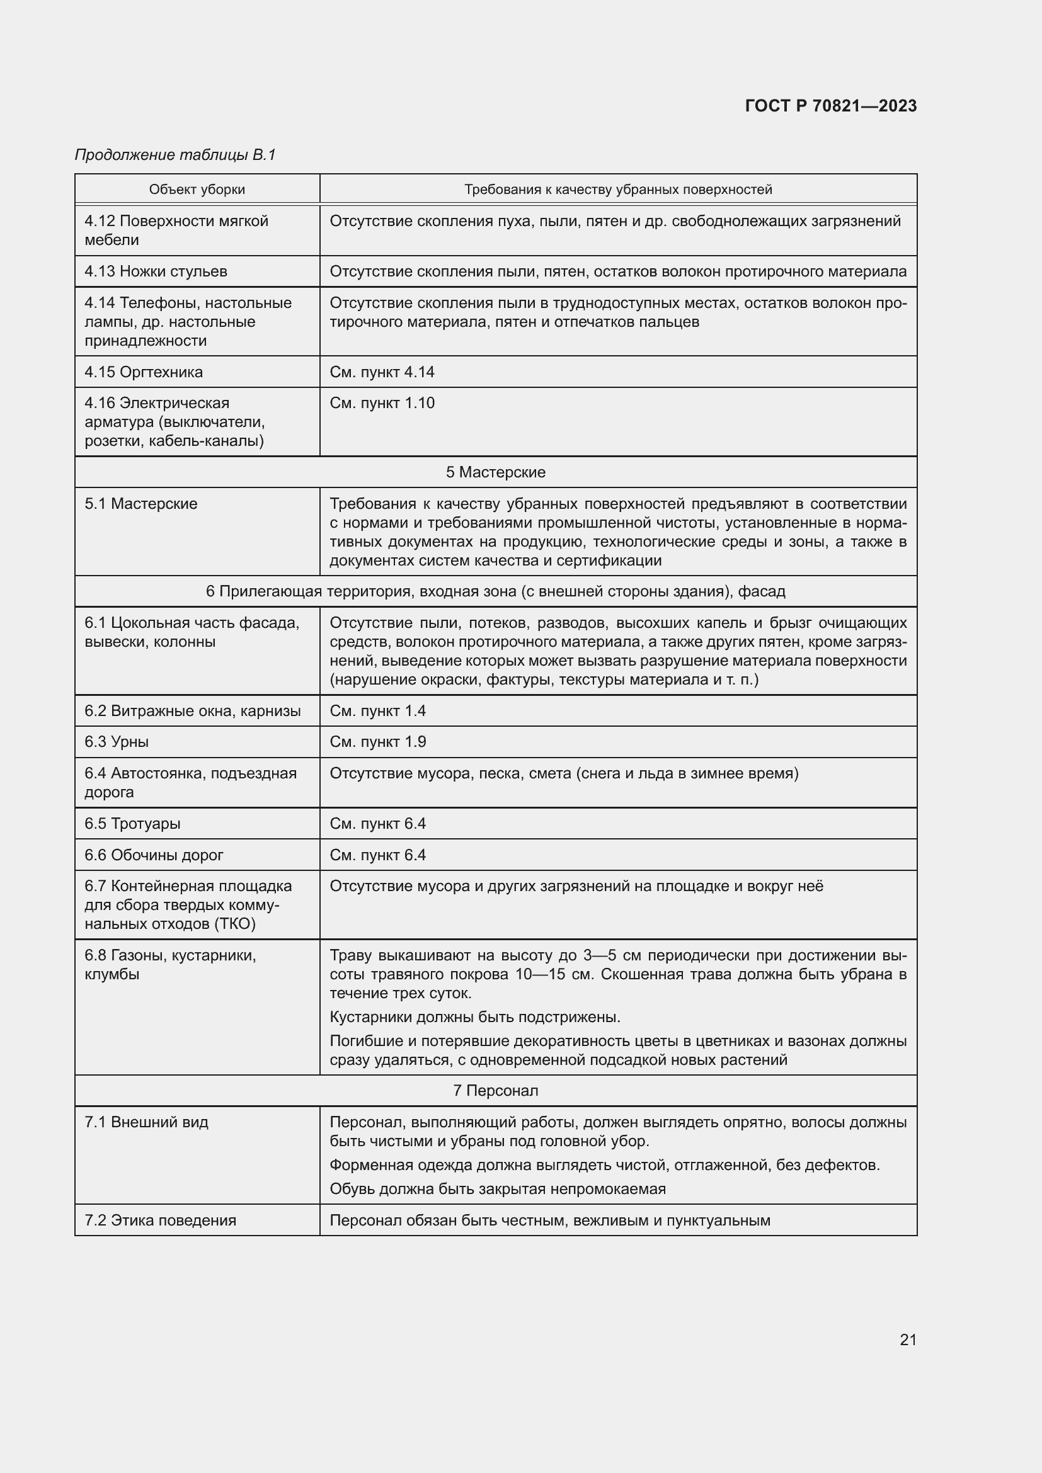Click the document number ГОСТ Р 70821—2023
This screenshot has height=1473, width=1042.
pos(830,106)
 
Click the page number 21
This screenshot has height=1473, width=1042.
pos(908,1339)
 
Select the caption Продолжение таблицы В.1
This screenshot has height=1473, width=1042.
pos(175,155)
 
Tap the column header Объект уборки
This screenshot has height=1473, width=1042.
pos(197,190)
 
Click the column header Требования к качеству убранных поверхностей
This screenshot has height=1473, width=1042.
pos(618,190)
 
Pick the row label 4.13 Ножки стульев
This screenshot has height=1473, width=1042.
pos(156,271)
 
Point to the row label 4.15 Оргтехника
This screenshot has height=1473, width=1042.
pos(144,372)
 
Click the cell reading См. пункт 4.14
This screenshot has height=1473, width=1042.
pos(382,372)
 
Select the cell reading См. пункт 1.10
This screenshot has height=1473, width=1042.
pos(382,403)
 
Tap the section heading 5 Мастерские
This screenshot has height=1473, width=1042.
pos(495,472)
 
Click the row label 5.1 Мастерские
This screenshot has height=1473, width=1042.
pos(141,504)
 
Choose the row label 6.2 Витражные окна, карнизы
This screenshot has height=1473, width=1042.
pos(193,711)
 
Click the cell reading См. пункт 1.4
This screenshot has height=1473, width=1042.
pos(377,711)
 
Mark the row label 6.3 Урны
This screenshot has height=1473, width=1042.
pos(117,742)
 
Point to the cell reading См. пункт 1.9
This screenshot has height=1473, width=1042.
pos(377,742)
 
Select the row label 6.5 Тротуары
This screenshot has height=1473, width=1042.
pos(133,823)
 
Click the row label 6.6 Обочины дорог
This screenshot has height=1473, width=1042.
pos(154,855)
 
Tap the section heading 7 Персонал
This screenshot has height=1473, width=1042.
pos(495,1091)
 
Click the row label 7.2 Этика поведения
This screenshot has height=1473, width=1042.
pos(161,1220)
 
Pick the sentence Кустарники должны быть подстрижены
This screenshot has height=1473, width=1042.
pos(475,1017)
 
